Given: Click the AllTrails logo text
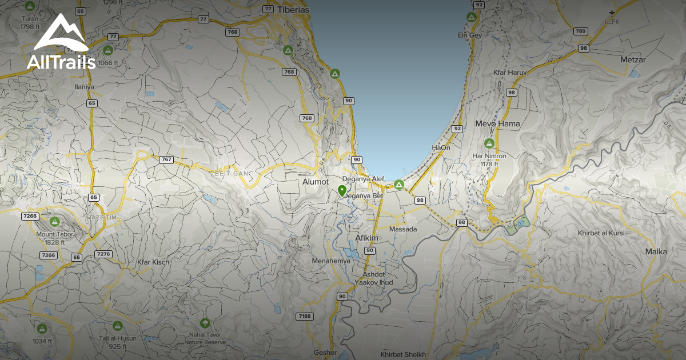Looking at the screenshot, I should point(61,62).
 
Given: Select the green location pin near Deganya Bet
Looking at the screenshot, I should point(342,191).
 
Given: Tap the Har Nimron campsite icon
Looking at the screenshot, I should point(489,143).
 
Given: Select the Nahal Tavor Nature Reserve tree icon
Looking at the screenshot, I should point(205,323).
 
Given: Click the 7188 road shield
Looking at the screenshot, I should point(305,316).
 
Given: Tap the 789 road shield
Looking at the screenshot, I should point(581,31).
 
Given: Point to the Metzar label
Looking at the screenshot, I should point(633,59).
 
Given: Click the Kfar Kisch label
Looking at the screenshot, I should point(153,262).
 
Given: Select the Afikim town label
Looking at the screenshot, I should point(367,238).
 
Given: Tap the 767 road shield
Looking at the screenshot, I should point(166,159).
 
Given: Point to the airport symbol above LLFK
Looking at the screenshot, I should point(612,13).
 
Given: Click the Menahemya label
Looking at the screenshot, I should point(330,261).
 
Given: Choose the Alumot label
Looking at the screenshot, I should point(315,182).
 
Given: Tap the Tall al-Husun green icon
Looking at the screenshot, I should point(118,326).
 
